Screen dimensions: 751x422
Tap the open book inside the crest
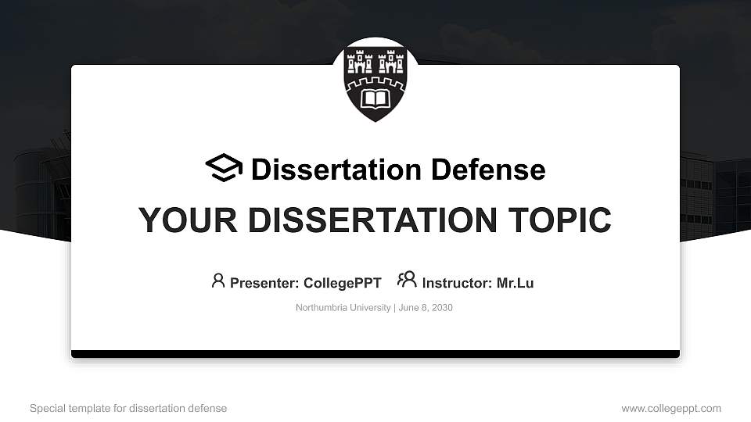(x=375, y=99)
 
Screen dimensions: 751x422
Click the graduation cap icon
(x=225, y=167)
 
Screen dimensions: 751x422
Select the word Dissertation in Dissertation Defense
(x=336, y=170)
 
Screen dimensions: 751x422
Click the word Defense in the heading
(x=488, y=170)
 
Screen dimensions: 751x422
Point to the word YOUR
(x=188, y=220)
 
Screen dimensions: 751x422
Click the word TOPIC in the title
(x=559, y=220)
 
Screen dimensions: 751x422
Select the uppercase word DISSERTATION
(x=372, y=220)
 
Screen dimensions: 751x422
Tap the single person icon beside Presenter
(x=218, y=281)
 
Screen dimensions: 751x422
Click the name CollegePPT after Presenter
(x=343, y=283)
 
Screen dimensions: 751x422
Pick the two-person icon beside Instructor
(x=407, y=280)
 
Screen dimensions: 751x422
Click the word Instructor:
(x=457, y=283)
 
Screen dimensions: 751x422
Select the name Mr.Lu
(x=515, y=283)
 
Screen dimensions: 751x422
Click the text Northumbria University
(x=343, y=308)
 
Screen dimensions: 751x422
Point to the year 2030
(x=442, y=308)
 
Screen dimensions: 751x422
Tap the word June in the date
(x=408, y=308)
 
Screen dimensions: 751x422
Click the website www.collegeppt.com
(x=671, y=409)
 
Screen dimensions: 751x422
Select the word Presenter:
(x=264, y=283)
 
